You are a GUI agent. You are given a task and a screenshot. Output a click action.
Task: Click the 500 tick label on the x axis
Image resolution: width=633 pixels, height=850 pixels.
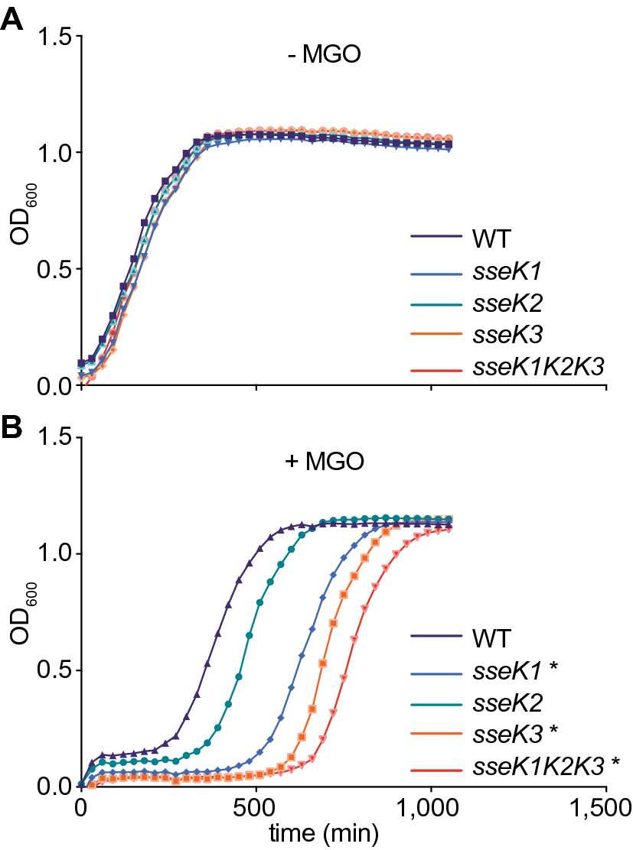(x=256, y=808)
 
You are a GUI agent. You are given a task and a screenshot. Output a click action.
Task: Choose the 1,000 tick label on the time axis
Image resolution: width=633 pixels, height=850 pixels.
(x=431, y=808)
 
